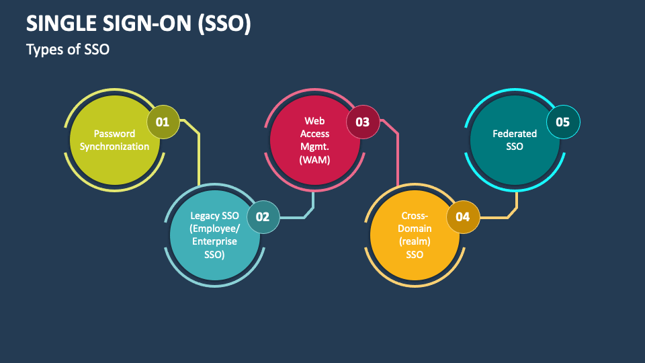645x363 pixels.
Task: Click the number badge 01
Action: (x=163, y=122)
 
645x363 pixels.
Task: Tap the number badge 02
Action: (x=263, y=217)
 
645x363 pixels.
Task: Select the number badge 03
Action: (x=362, y=122)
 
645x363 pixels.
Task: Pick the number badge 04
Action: (x=463, y=217)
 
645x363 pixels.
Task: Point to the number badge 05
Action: (x=563, y=122)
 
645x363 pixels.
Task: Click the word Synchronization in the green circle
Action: (x=115, y=147)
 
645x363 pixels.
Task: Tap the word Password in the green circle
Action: (x=114, y=134)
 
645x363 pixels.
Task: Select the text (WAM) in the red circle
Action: (x=314, y=159)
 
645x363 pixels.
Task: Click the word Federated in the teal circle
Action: (x=515, y=134)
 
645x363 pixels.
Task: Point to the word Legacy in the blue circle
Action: (x=205, y=216)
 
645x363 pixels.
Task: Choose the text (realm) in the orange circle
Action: (x=415, y=241)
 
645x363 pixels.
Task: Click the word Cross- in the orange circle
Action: (x=415, y=216)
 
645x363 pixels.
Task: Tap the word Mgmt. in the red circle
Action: (x=314, y=147)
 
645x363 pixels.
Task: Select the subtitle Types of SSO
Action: (x=67, y=50)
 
